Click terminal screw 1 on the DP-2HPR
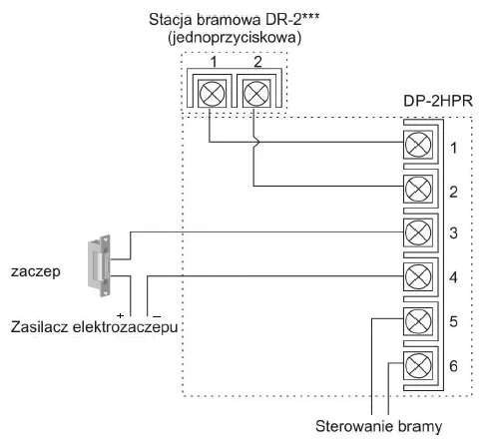click(x=417, y=146)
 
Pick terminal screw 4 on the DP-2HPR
click(x=417, y=275)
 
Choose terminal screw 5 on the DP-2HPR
click(x=417, y=320)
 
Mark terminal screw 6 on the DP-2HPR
click(x=417, y=364)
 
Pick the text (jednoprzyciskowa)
click(x=232, y=37)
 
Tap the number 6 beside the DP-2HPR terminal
click(x=455, y=366)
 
